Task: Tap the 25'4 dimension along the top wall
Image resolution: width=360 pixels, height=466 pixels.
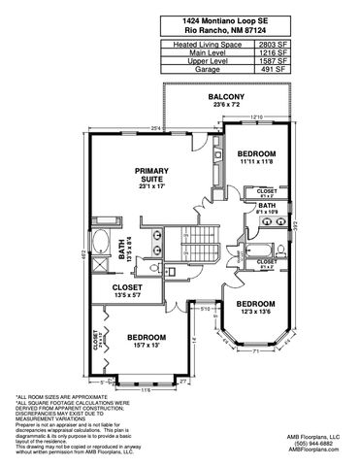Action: tap(156, 128)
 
